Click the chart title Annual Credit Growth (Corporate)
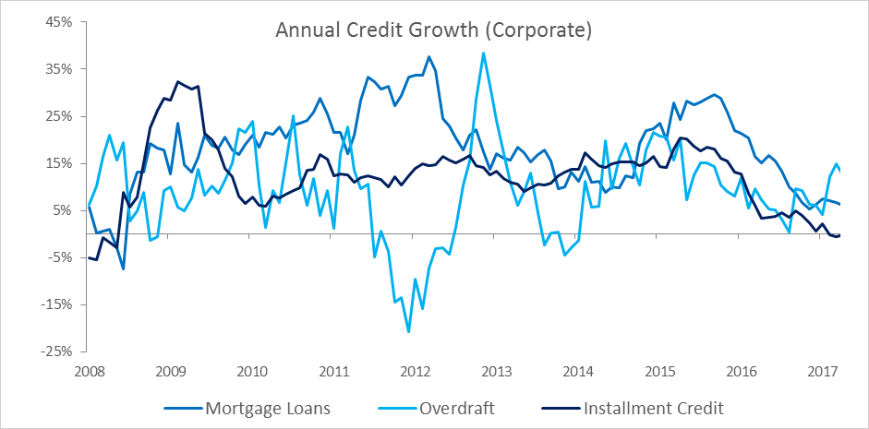[434, 31]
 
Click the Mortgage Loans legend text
[268, 410]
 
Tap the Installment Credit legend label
[654, 409]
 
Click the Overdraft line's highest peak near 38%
[484, 54]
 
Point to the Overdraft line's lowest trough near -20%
[409, 331]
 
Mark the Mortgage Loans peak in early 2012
[428, 56]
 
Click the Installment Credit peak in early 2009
[178, 82]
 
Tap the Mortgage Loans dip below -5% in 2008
[123, 269]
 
